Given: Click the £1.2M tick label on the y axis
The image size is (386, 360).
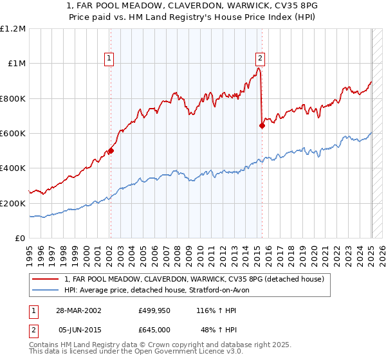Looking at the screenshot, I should (13, 28).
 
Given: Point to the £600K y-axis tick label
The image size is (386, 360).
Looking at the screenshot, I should (13, 133).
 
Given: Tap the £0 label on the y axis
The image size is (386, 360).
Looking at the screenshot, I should (20, 238).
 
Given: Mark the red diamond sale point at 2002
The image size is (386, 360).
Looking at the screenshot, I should (111, 151).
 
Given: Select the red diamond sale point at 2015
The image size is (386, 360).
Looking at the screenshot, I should (262, 125).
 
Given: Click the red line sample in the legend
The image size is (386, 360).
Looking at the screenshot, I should (46, 279).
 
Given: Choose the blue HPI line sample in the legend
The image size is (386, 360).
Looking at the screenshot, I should (46, 290).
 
